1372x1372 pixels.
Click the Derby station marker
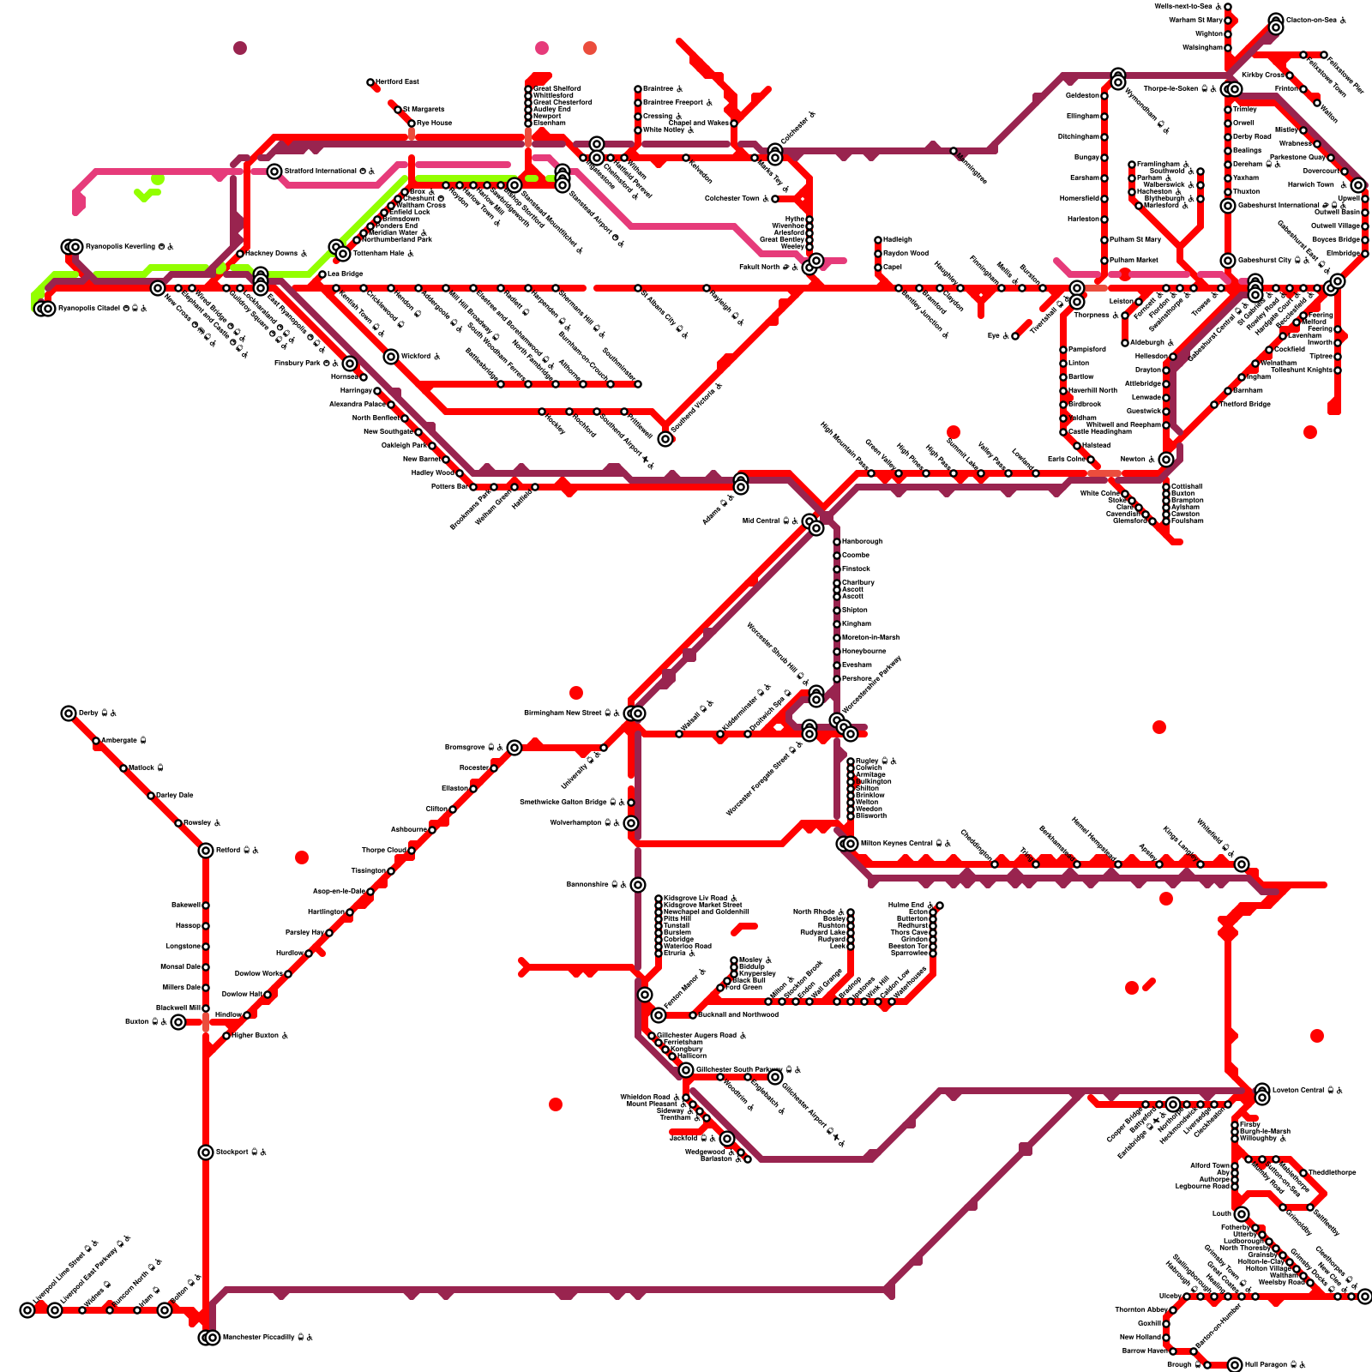pos(69,713)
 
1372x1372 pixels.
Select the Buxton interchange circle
pos(178,1022)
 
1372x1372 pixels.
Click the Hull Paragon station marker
pos(1235,1365)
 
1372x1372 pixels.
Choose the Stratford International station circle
pos(274,171)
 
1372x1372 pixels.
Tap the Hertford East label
pos(397,81)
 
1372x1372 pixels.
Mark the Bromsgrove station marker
pos(514,748)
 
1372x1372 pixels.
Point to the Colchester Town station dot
pos(775,199)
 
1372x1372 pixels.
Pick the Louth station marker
pos(1242,1214)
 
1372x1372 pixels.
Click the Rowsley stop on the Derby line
pos(178,823)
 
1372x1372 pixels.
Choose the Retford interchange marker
pos(206,851)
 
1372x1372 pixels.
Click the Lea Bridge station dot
pos(322,274)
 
